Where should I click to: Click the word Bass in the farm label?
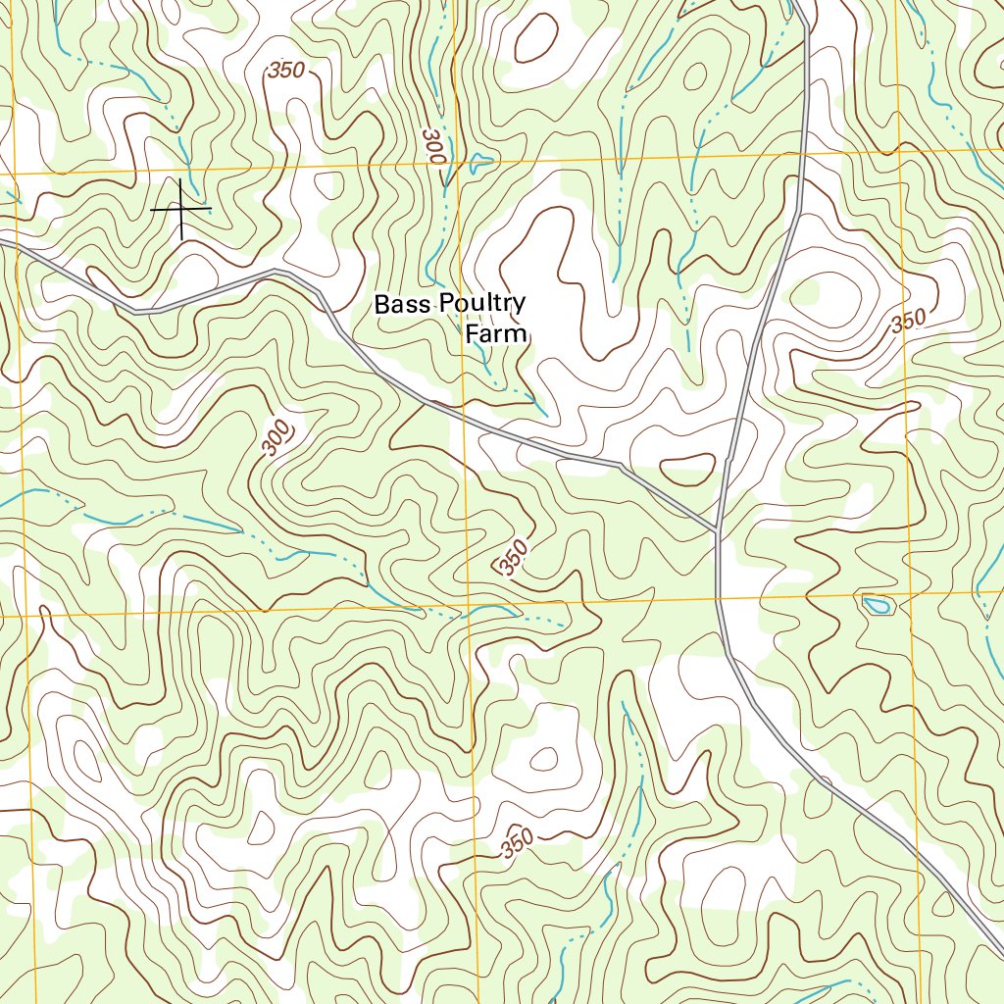402,305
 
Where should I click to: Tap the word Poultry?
481,305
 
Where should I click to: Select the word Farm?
496,334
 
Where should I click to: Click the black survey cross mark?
180,209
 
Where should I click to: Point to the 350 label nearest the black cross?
285,71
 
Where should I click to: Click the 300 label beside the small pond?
432,146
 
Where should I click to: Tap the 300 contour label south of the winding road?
278,436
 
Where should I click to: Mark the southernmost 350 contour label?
517,842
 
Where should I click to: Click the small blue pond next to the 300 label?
480,163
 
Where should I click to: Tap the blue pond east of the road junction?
876,605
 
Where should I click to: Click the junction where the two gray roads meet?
718,530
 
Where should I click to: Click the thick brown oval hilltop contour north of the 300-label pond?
535,37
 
